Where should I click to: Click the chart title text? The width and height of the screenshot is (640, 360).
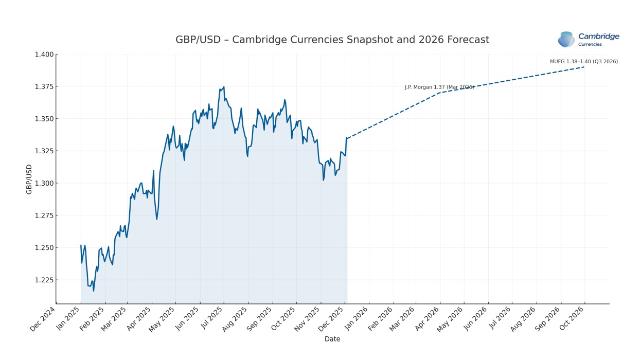click(332, 40)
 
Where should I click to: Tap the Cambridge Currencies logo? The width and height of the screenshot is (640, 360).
click(588, 40)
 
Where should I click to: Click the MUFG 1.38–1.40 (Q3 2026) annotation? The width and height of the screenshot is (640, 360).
click(584, 61)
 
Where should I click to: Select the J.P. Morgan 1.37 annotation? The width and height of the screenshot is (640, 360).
click(439, 87)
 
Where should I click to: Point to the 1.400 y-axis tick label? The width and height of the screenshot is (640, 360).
click(44, 55)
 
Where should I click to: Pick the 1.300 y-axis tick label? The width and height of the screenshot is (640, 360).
click(44, 183)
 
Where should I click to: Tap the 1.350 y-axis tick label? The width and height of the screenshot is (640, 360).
click(44, 119)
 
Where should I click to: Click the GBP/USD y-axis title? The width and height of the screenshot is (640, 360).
click(29, 179)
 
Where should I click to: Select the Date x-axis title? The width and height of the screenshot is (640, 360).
click(332, 339)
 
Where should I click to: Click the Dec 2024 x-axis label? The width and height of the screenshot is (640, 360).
click(42, 319)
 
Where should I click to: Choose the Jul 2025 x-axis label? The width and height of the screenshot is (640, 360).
click(212, 318)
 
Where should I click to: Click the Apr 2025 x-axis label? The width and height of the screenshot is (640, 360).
click(139, 319)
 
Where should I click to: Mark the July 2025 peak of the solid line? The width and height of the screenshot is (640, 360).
click(224, 87)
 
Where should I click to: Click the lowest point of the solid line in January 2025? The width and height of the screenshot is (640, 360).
click(94, 291)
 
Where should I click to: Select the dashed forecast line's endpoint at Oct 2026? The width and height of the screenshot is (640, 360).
click(584, 67)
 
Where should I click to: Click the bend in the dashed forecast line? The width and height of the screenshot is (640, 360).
click(440, 93)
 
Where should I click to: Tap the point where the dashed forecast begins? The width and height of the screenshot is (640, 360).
click(347, 138)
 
